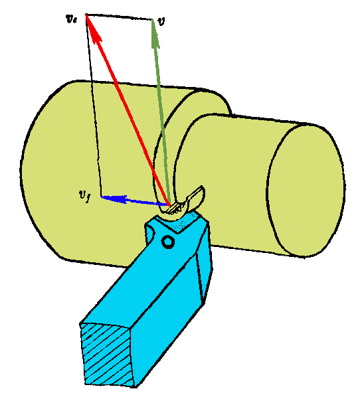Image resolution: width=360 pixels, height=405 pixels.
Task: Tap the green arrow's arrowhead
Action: click(155, 34)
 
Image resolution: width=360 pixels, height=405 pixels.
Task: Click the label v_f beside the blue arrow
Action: click(84, 197)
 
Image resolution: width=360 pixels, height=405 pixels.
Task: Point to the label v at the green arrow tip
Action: click(161, 22)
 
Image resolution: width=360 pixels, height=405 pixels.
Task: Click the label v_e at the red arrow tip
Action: click(71, 19)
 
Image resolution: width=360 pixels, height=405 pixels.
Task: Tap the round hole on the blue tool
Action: click(168, 242)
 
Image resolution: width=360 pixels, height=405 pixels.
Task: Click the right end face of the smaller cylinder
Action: click(306, 191)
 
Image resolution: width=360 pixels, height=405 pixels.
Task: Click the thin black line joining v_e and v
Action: click(119, 17)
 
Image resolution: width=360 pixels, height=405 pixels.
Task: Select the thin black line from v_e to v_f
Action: click(93, 106)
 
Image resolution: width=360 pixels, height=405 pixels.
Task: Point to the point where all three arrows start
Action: click(169, 205)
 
